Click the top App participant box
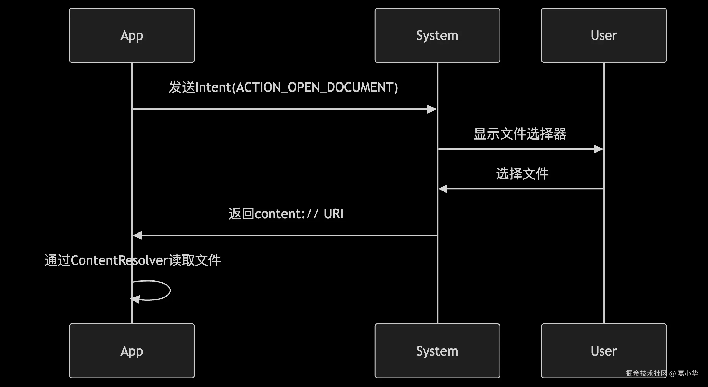[x=132, y=35]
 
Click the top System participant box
[x=437, y=35]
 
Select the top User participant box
[x=604, y=35]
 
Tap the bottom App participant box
[x=132, y=351]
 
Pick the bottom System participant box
[x=437, y=351]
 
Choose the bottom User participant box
[x=604, y=351]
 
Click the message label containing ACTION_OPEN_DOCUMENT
[x=283, y=87]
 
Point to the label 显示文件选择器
[x=520, y=134]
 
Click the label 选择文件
[x=522, y=174]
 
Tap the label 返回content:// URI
[x=286, y=214]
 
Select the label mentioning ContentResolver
[x=133, y=260]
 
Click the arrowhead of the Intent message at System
[x=432, y=109]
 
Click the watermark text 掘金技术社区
[x=646, y=373]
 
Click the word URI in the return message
[x=333, y=214]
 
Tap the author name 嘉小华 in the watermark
[x=687, y=373]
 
